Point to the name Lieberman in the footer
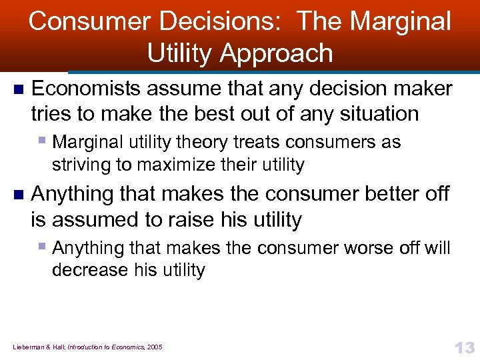(x=29, y=347)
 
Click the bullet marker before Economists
(x=18, y=89)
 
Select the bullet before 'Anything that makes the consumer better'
(x=18, y=195)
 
